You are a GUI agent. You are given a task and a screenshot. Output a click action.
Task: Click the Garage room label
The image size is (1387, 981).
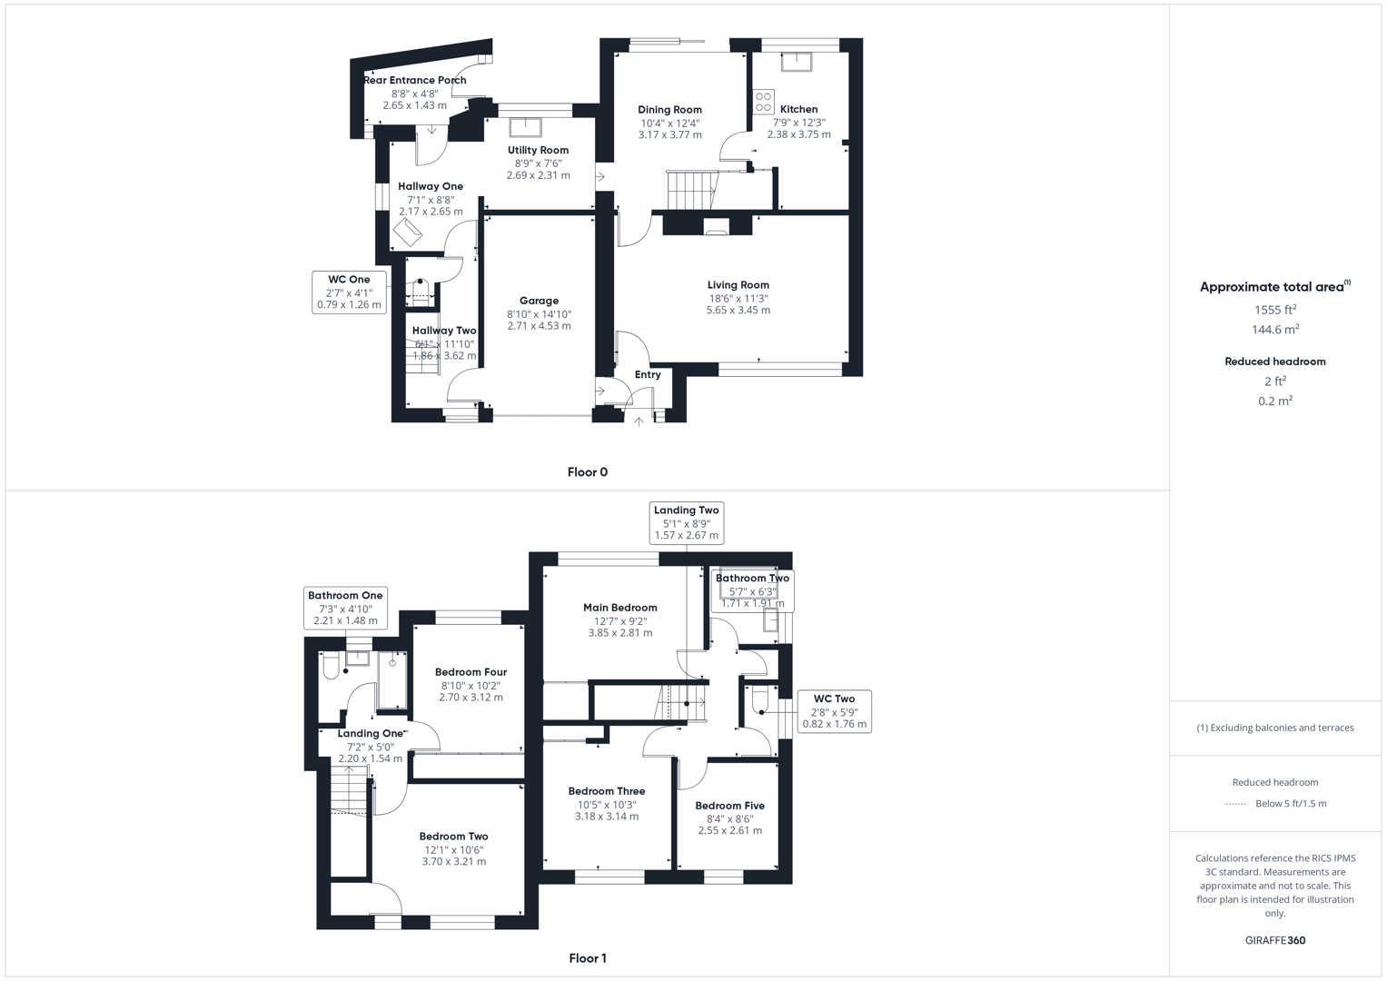click(x=539, y=301)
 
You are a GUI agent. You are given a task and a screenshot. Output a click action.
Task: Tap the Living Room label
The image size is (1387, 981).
click(x=738, y=285)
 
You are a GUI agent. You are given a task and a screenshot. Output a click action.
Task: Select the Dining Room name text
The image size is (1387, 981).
click(x=669, y=110)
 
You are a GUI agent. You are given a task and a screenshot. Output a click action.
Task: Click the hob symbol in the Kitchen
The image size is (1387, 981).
click(x=763, y=102)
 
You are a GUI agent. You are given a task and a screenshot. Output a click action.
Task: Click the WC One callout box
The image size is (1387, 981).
click(x=349, y=292)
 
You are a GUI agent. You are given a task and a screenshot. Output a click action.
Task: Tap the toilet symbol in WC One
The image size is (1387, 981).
click(x=421, y=291)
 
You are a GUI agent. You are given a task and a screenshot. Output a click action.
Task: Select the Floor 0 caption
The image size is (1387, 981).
click(x=587, y=472)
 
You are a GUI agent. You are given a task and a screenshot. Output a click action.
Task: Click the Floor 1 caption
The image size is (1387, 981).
click(x=587, y=958)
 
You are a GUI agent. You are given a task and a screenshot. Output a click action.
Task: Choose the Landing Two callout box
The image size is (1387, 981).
click(x=686, y=522)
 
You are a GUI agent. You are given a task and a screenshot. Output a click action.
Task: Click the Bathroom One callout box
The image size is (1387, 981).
click(x=345, y=608)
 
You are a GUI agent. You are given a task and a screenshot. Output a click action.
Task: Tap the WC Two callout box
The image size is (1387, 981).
click(x=834, y=711)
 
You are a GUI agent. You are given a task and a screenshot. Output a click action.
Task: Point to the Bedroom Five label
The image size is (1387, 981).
click(x=729, y=806)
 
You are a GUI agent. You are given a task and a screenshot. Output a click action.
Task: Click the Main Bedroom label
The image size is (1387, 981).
click(x=619, y=608)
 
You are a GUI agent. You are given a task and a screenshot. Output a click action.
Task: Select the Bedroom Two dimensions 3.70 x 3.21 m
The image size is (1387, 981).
click(x=453, y=862)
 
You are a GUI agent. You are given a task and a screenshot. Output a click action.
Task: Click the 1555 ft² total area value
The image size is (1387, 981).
click(x=1274, y=310)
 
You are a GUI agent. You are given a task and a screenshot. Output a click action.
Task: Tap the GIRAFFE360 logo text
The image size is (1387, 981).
click(x=1274, y=941)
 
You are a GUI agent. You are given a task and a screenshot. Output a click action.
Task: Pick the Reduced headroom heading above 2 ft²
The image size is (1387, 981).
click(x=1274, y=362)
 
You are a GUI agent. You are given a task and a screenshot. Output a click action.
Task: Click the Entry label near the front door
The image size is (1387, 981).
click(x=648, y=375)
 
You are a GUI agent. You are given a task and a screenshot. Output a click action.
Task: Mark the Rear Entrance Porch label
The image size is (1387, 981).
click(x=415, y=81)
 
